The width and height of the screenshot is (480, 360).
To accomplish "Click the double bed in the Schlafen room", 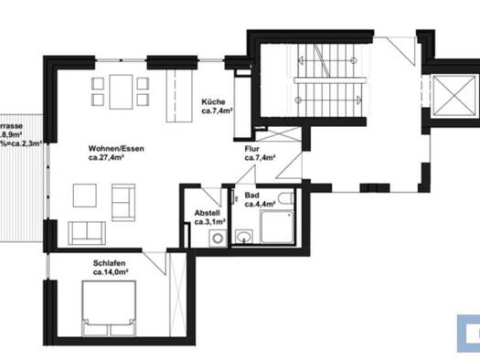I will pyautogui.click(x=109, y=304).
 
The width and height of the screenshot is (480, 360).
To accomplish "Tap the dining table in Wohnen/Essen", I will pyautogui.click(x=119, y=90).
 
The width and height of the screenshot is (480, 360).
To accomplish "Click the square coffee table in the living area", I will pyautogui.click(x=85, y=194).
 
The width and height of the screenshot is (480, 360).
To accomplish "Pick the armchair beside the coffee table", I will pyautogui.click(x=123, y=196).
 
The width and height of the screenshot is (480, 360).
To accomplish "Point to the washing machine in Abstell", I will pyautogui.click(x=217, y=238).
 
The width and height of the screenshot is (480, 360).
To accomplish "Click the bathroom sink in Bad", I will pyautogui.click(x=243, y=237).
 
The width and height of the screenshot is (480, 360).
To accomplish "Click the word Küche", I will pyautogui.click(x=215, y=101).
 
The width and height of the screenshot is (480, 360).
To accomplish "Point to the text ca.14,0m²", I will pyautogui.click(x=109, y=271).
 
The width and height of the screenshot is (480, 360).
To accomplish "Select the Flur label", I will pyautogui.click(x=253, y=148).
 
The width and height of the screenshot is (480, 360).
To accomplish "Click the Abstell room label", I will pyautogui.click(x=207, y=212).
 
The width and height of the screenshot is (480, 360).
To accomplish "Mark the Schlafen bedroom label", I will pyautogui.click(x=108, y=262).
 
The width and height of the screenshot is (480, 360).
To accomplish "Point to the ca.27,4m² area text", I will pyautogui.click(x=107, y=157).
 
